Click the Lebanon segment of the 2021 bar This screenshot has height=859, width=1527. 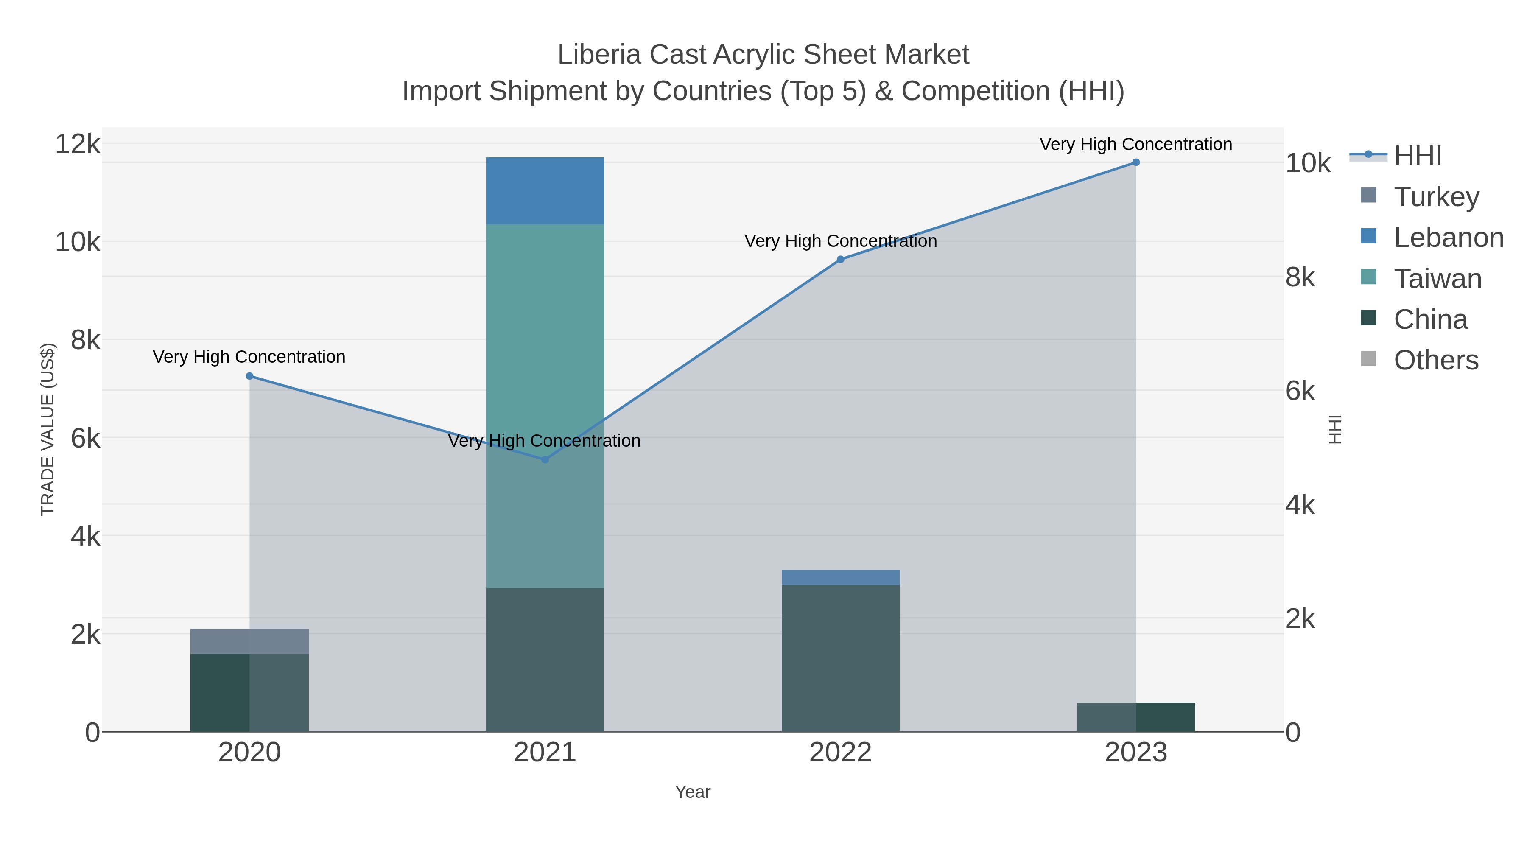pyautogui.click(x=545, y=190)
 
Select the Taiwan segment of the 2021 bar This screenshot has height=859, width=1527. pyautogui.click(x=545, y=356)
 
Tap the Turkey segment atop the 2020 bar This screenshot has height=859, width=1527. pyautogui.click(x=249, y=641)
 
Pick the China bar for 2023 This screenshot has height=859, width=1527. pyautogui.click(x=1136, y=717)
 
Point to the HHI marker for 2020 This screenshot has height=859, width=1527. pyautogui.click(x=249, y=376)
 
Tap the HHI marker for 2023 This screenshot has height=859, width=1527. pyautogui.click(x=1136, y=162)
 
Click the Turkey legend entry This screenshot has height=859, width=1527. pyautogui.click(x=1436, y=197)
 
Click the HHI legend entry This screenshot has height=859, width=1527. pyautogui.click(x=1417, y=156)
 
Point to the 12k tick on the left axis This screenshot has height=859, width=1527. pyautogui.click(x=77, y=144)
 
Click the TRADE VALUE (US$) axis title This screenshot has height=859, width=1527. pyautogui.click(x=48, y=429)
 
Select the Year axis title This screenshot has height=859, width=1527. pyautogui.click(x=692, y=792)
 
